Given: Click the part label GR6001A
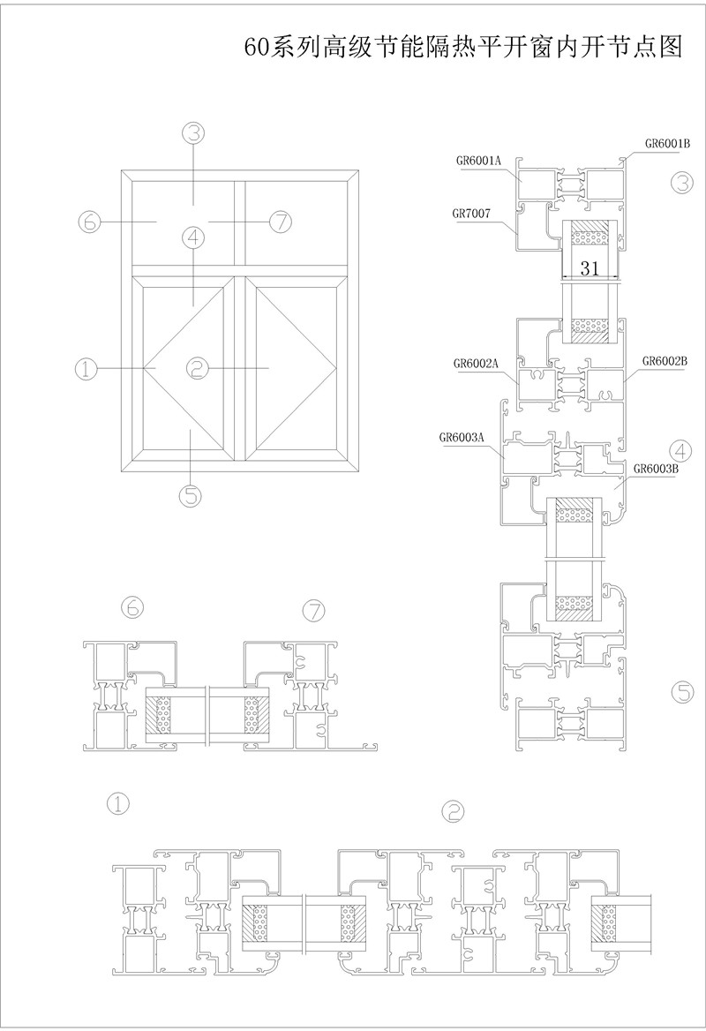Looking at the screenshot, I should pos(478,161).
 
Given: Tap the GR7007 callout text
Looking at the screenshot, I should pos(471,213).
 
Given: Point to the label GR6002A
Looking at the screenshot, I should pos(476,363).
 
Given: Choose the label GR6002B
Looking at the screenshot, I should pos(665,361).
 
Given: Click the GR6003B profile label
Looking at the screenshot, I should pos(654,469).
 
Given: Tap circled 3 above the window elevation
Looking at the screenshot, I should pos(194,133).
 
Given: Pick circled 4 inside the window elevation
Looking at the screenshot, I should pos(194,237).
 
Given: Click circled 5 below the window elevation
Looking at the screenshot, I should pos(191,495).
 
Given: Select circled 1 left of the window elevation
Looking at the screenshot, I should pos(86,368).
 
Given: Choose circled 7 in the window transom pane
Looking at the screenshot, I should pos(279,222).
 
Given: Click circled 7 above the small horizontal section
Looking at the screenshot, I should pos(314,609).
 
